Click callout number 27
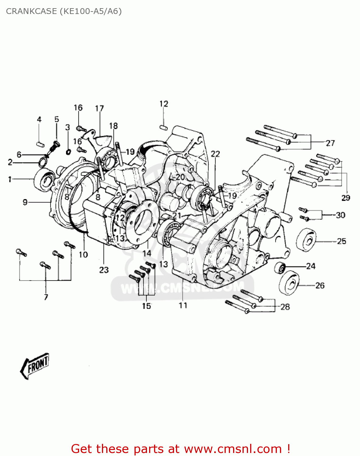tap(330, 143)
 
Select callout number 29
tap(346, 198)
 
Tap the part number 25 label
tap(341, 241)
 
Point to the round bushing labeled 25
tap(306, 240)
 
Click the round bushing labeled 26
tap(289, 283)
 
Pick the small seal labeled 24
tap(280, 268)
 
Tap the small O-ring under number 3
tap(68, 152)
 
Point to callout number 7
tap(46, 297)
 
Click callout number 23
tap(104, 270)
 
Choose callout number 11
tap(183, 305)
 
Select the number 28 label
tap(285, 307)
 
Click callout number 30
tap(341, 215)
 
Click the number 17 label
tap(99, 109)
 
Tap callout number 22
tap(215, 154)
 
